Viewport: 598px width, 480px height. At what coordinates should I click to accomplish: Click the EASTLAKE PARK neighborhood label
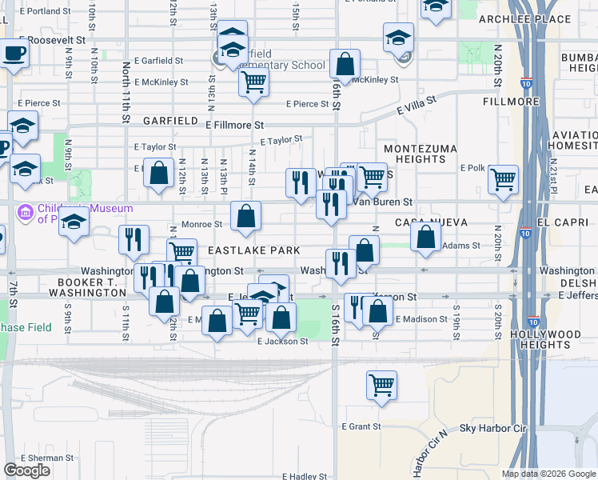(253, 250)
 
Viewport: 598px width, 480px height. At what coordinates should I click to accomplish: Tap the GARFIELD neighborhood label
(170, 121)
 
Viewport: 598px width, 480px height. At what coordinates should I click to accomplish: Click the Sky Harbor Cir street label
(493, 429)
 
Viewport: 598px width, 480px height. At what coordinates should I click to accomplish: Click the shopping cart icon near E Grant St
(382, 384)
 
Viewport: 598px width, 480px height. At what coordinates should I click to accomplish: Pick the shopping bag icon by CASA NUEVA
(426, 236)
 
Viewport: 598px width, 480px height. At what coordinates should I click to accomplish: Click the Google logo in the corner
(26, 470)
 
